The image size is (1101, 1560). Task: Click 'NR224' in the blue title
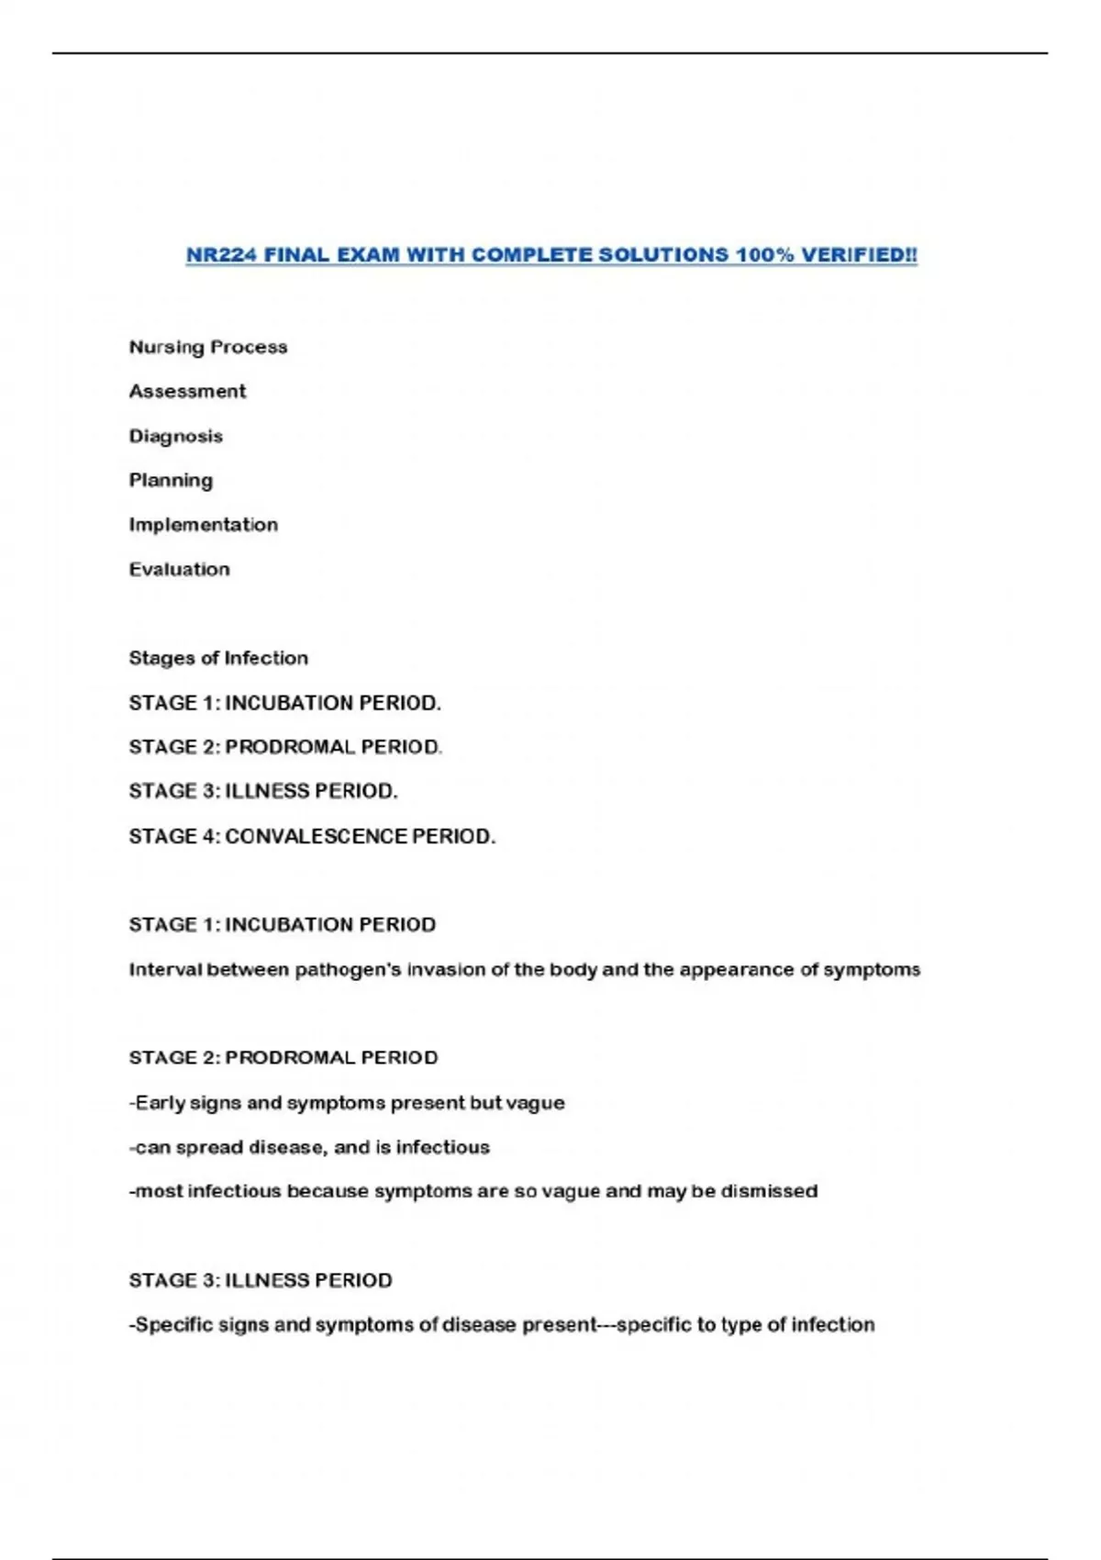[x=221, y=255]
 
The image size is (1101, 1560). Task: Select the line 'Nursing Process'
[x=208, y=347]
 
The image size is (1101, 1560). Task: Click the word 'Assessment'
[x=187, y=391]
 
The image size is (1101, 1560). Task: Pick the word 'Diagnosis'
[x=175, y=436]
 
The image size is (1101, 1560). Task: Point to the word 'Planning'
[x=171, y=480]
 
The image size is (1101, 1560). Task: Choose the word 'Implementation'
[x=203, y=525]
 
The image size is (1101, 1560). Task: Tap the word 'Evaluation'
[x=179, y=569]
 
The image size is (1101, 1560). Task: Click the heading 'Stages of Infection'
[x=218, y=658]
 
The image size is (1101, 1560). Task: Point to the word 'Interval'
[x=165, y=970]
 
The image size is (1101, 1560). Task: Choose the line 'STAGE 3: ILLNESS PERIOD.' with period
[x=263, y=791]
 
